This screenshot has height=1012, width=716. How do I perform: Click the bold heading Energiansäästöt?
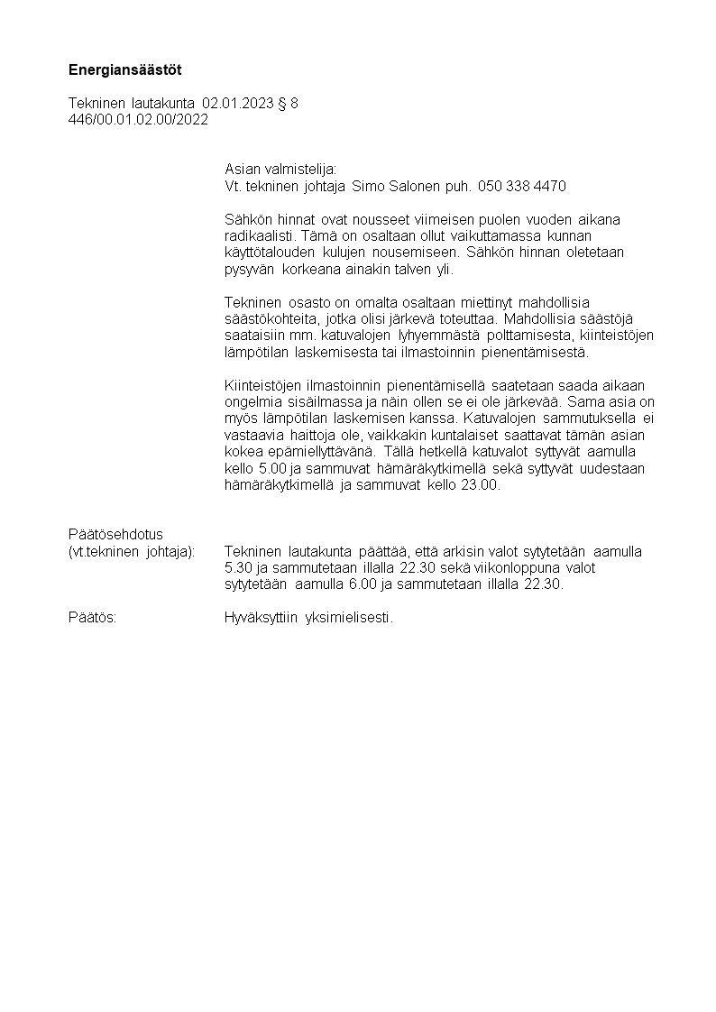click(125, 69)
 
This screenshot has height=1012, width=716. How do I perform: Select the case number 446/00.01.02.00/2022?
click(138, 119)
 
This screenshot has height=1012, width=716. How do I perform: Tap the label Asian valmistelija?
click(280, 169)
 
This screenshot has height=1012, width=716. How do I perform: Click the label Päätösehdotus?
click(115, 534)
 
